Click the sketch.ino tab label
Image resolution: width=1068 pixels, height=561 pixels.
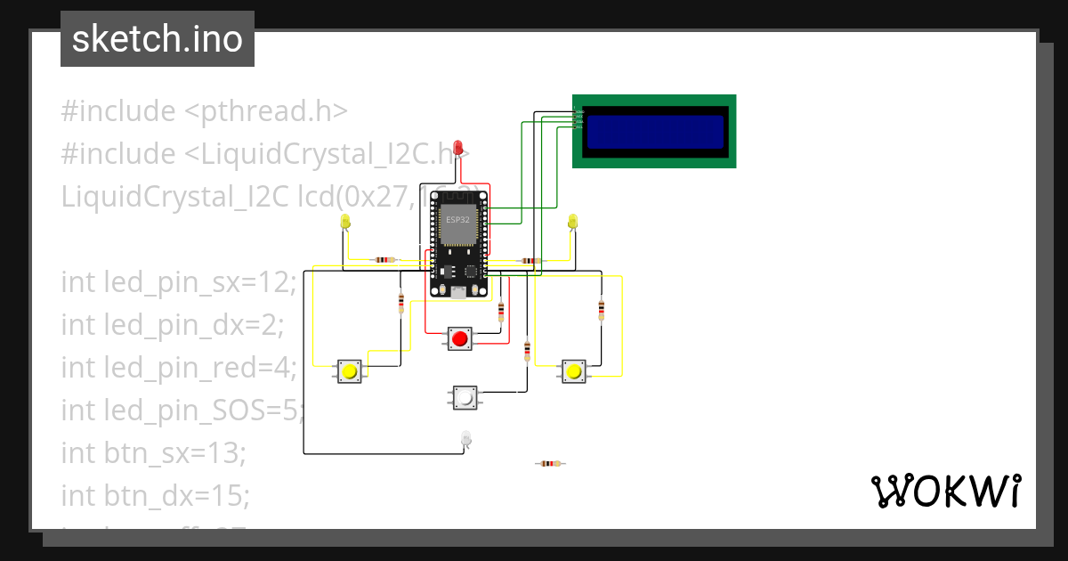[x=158, y=39]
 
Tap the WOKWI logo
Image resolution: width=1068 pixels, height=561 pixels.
[x=944, y=492]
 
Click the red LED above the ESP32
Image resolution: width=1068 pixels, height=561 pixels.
[x=458, y=147]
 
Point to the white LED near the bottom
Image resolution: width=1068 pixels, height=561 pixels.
[x=465, y=437]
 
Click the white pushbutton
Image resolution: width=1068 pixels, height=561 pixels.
[x=464, y=397]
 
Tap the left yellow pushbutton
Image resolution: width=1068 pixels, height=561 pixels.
[x=350, y=370]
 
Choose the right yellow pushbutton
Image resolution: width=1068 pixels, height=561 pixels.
[x=574, y=370]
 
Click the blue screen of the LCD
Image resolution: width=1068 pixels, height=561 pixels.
[x=654, y=131]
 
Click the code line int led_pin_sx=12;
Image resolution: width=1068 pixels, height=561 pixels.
[x=178, y=282]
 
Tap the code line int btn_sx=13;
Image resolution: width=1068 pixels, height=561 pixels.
[x=153, y=452]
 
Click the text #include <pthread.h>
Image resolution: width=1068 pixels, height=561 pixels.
[x=204, y=112]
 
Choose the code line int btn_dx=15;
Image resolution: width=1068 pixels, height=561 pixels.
[x=155, y=494]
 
